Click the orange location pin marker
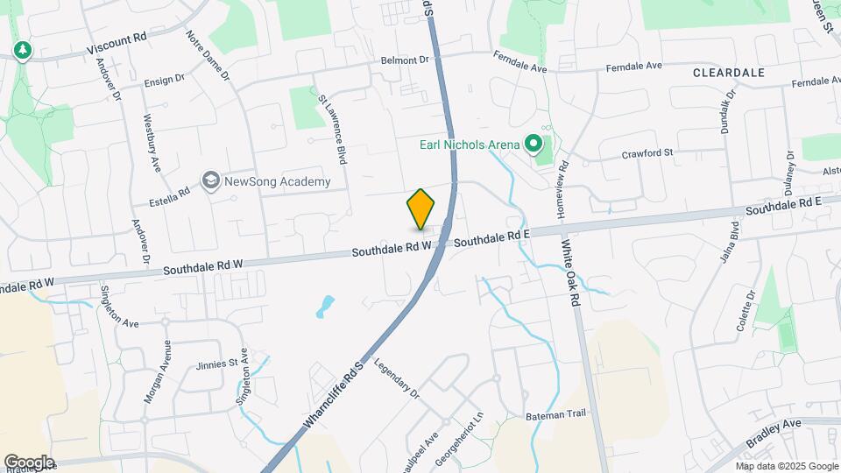(x=421, y=208)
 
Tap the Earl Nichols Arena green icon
(x=532, y=144)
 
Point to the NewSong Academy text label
(x=278, y=181)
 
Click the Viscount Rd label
(x=115, y=46)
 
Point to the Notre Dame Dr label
(x=208, y=57)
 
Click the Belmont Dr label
(x=404, y=60)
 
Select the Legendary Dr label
(x=397, y=378)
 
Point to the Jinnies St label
(x=217, y=363)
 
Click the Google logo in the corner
(x=29, y=462)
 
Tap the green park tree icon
(x=22, y=50)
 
